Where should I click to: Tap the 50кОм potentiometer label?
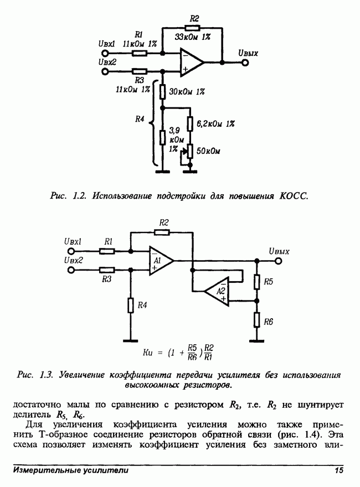209,150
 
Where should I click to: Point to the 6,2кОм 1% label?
216,124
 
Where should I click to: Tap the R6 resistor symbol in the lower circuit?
256,320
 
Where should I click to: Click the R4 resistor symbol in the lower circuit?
130,305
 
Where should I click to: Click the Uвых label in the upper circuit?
248,54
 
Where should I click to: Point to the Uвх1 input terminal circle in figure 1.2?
103,54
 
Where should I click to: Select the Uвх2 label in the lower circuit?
73,260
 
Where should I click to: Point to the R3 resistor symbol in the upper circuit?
140,71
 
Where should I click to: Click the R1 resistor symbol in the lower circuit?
107,251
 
